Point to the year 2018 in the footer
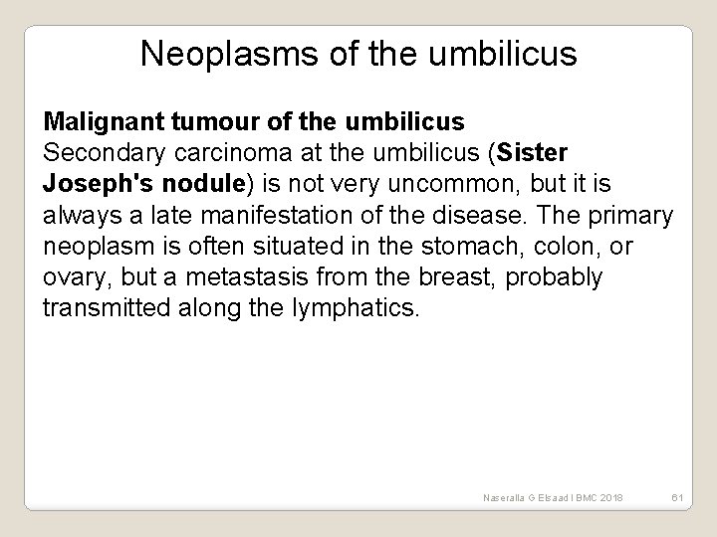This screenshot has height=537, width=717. point(605,496)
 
